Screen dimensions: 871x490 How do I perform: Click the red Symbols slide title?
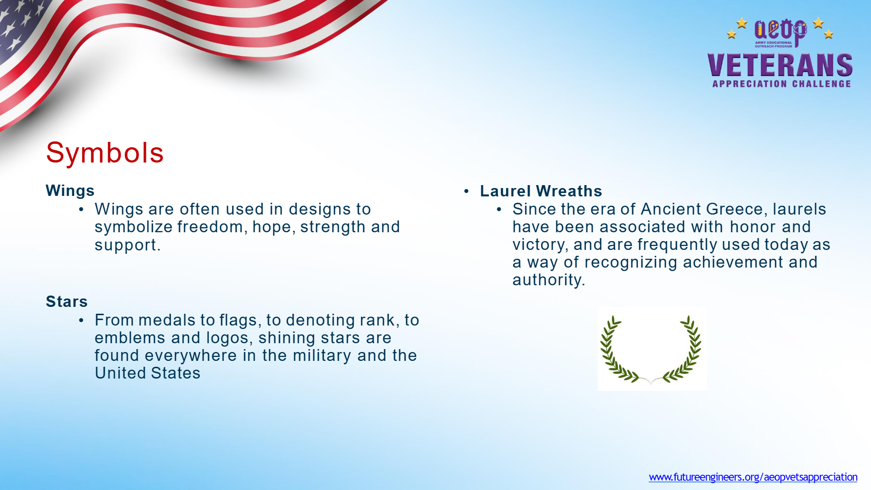(105, 153)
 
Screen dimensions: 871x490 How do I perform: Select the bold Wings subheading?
(70, 191)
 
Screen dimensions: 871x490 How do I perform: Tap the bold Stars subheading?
(67, 301)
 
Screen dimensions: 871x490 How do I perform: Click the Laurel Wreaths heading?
(541, 191)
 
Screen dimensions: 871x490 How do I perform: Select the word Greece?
(734, 209)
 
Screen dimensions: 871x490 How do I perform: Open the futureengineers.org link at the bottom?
(753, 477)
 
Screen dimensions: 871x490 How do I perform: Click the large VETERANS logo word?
(780, 65)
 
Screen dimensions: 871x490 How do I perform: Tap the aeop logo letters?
(780, 30)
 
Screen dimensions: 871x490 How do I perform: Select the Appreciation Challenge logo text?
(782, 84)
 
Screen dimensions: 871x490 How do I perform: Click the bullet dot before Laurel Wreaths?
(467, 191)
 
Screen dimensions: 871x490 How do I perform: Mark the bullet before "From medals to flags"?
(81, 320)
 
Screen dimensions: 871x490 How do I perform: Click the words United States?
(147, 373)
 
